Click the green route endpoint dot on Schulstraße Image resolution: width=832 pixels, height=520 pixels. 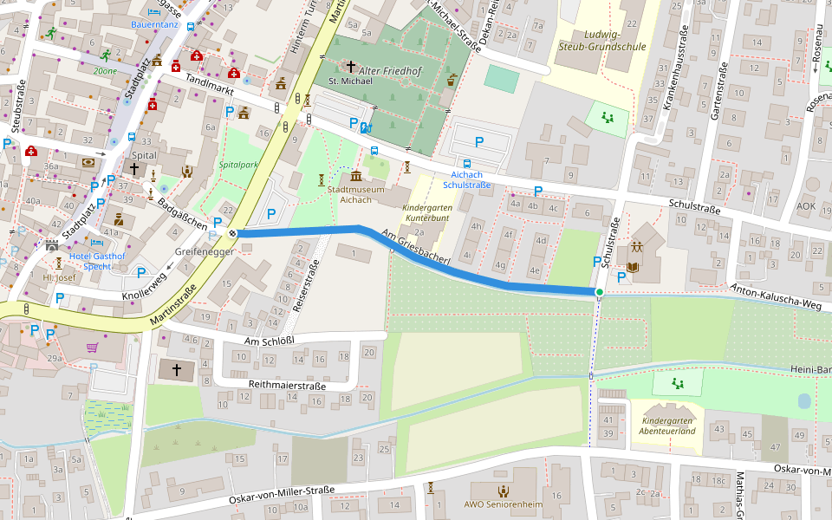(x=599, y=292)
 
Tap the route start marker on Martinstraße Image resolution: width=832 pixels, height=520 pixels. (x=232, y=233)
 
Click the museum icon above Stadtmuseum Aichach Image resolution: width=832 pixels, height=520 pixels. (x=356, y=177)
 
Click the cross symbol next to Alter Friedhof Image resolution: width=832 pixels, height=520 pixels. (x=351, y=66)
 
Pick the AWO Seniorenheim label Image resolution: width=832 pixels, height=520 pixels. (x=504, y=505)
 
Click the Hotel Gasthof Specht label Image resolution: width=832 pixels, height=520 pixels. (x=96, y=262)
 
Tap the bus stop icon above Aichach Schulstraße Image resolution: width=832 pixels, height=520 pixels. (x=468, y=163)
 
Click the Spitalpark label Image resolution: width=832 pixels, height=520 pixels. (x=238, y=164)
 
